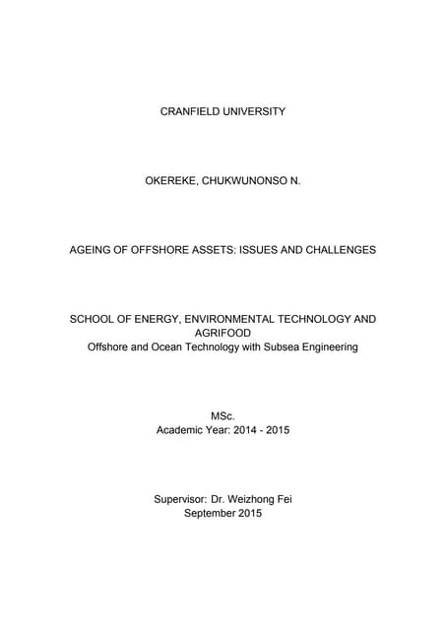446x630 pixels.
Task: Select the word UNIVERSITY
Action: click(x=255, y=111)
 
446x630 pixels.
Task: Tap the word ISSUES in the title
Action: click(x=252, y=250)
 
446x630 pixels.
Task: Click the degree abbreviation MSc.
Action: click(x=223, y=415)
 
